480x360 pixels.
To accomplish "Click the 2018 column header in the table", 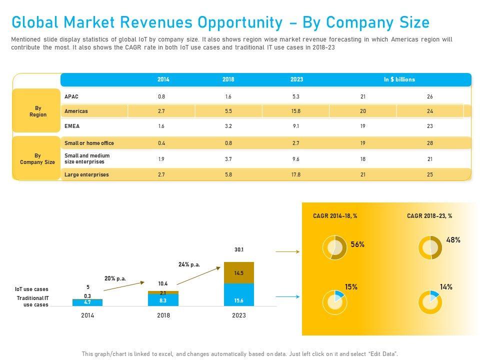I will (x=228, y=79).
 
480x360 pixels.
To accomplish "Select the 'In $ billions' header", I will (x=399, y=79).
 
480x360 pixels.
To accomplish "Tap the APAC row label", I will (x=71, y=96).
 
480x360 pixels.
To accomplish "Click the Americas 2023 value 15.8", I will (x=295, y=111).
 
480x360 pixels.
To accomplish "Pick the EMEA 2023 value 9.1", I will (x=295, y=126).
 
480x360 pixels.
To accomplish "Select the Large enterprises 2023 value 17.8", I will (x=295, y=175).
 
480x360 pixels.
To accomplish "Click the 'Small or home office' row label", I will (x=89, y=143).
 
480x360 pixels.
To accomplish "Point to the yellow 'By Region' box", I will (x=37, y=111).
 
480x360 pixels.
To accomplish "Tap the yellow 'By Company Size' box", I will (x=37, y=159).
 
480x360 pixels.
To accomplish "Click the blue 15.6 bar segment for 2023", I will (x=238, y=295).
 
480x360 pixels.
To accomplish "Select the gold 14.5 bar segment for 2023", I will (x=238, y=273).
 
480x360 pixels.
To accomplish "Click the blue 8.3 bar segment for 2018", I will (x=163, y=300).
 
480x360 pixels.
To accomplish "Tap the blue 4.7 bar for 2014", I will (x=87, y=302).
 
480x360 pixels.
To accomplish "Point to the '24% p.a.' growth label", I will (x=189, y=264).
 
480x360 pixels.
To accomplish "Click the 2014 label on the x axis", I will (x=87, y=315).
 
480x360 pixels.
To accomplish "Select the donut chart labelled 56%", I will (x=334, y=247).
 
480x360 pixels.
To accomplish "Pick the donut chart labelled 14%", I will (x=430, y=302).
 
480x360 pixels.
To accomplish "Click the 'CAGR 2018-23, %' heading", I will (x=429, y=216).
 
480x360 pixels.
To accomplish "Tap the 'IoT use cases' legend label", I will (x=31, y=289).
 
